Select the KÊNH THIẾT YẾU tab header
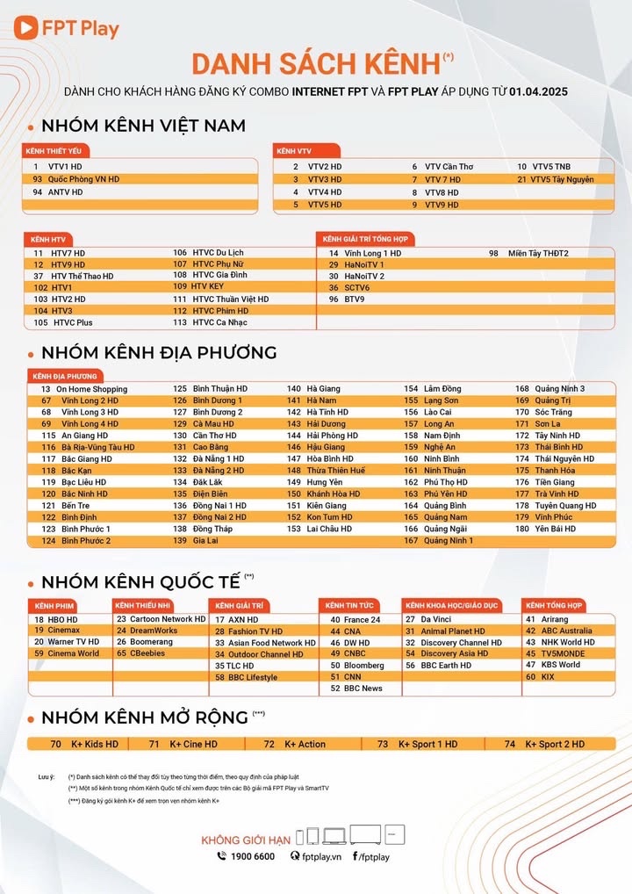(55, 151)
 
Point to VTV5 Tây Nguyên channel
(562, 179)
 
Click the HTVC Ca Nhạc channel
(220, 322)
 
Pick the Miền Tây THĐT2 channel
(538, 253)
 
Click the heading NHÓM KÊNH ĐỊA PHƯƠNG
(158, 352)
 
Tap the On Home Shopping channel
(91, 389)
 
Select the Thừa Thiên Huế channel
(335, 470)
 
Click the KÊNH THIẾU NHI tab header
(143, 606)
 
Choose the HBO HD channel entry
(62, 620)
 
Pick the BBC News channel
(363, 689)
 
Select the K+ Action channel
(305, 744)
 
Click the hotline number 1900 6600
(254, 856)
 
